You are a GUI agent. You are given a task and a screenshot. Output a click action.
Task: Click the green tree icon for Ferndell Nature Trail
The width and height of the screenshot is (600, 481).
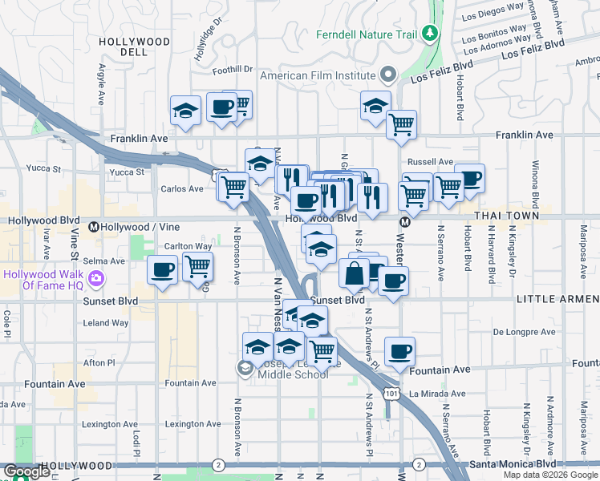(x=431, y=33)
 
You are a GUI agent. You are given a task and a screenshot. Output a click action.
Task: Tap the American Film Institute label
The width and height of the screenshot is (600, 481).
(x=318, y=75)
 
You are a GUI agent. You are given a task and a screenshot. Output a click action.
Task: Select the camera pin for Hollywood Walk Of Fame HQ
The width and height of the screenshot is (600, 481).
(x=97, y=279)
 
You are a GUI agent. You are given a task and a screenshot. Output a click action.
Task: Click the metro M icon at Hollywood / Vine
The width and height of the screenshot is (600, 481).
(x=94, y=227)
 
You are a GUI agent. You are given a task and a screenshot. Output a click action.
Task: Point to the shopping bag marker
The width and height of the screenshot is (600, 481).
(x=354, y=273)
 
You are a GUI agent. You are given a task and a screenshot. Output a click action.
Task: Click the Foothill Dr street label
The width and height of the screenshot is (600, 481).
(x=233, y=71)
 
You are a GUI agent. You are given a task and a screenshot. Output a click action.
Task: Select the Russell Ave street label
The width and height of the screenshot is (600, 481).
(x=435, y=162)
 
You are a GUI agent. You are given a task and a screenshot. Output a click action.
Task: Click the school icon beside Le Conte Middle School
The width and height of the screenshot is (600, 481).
(x=245, y=368)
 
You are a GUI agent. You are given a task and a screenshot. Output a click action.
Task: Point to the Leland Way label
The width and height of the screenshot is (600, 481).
(x=106, y=323)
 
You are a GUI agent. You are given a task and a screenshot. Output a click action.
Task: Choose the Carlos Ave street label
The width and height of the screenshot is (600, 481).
(x=182, y=189)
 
